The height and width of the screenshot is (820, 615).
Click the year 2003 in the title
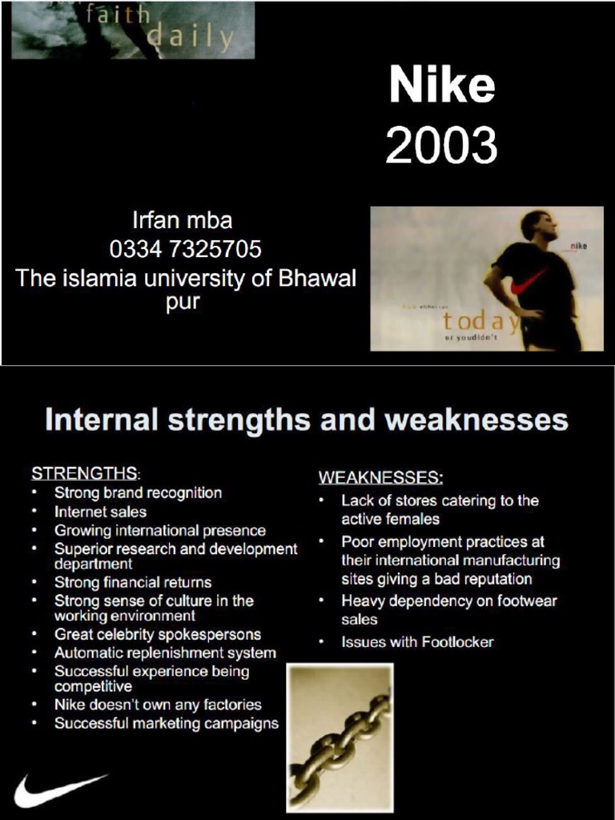pos(441,146)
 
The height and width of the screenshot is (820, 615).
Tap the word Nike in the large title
pos(441,86)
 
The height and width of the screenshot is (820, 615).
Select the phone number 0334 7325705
pos(185,249)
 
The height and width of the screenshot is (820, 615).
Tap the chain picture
pos(340,737)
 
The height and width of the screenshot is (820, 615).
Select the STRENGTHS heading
pos(84,472)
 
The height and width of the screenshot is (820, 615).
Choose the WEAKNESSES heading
pos(380,478)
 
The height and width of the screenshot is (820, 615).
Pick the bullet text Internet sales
pos(100,511)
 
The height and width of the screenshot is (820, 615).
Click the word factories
pos(231,705)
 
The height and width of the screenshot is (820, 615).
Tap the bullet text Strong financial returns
pos(133,582)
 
